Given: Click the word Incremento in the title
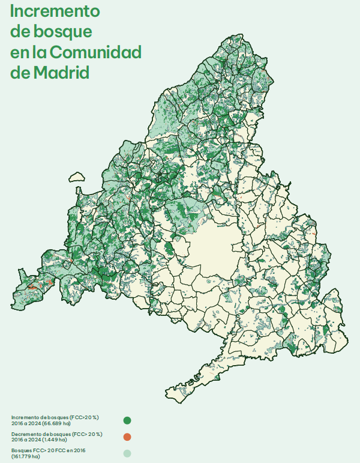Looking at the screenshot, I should [x=55, y=11].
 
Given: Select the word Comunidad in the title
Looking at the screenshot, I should [x=95, y=52].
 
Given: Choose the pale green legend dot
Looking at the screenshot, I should [x=127, y=453].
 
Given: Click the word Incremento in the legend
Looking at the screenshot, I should [x=27, y=417].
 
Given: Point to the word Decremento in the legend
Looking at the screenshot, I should [x=28, y=433].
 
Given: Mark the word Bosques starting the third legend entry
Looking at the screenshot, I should [x=22, y=450].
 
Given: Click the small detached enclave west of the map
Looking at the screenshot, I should [x=76, y=177].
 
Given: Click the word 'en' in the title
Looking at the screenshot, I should [x=19, y=52].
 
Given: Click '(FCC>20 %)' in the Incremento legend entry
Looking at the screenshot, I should [x=83, y=417].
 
